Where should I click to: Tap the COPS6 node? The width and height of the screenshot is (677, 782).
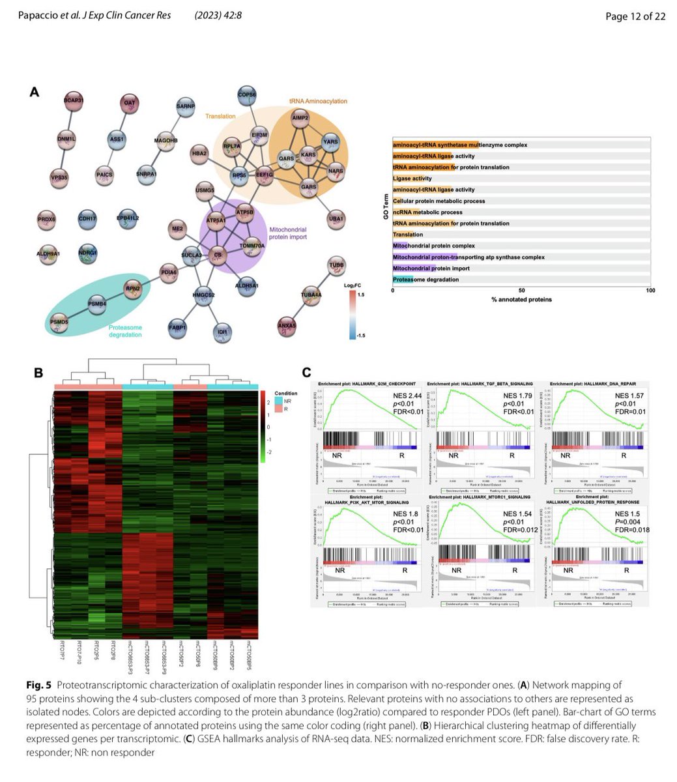247,94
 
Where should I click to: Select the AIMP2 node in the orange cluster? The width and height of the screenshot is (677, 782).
300,120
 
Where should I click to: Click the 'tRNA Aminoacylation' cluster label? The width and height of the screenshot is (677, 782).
318,101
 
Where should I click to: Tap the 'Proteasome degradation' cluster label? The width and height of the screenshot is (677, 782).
124,331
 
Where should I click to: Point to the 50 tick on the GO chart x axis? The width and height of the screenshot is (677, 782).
521,291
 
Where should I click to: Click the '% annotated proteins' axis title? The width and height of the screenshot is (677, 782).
521,299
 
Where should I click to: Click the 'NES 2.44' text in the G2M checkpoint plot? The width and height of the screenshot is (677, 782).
397,396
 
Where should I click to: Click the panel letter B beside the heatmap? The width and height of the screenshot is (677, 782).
38,373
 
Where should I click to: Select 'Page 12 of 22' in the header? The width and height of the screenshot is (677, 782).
635,16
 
